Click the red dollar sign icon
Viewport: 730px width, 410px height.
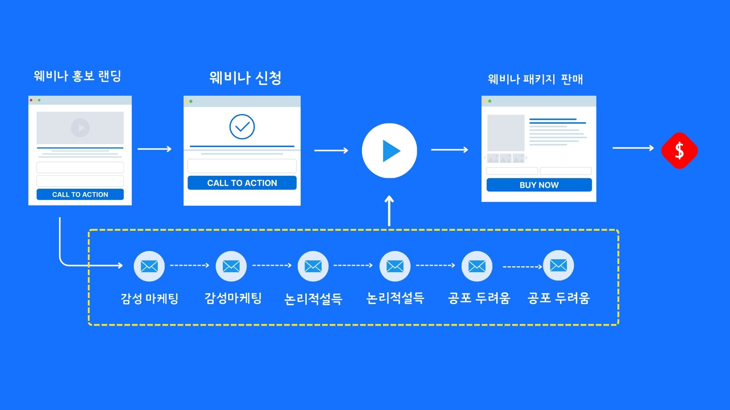[679, 150]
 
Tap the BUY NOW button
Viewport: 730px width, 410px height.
[539, 185]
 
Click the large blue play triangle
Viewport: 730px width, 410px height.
[390, 151]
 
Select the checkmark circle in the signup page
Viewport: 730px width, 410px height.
[242, 127]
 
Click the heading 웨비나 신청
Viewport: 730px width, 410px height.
[245, 78]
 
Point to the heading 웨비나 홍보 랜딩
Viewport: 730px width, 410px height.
[78, 76]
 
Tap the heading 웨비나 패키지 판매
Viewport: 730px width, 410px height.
[535, 79]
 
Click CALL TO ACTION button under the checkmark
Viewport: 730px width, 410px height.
[242, 183]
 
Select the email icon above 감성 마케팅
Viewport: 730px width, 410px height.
[149, 266]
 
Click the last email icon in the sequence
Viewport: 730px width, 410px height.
[558, 265]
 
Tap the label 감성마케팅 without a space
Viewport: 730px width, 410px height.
[233, 298]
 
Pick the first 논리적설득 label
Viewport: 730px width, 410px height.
[313, 299]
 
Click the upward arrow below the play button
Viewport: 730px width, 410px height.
[389, 211]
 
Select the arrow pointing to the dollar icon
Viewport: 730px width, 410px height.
[633, 148]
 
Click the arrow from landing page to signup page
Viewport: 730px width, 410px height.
[154, 149]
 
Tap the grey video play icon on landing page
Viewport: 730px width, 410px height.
[80, 128]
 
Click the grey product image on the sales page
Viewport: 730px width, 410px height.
[506, 133]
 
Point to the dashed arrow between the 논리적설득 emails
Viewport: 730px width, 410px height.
[353, 265]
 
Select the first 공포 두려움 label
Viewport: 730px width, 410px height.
[479, 298]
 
